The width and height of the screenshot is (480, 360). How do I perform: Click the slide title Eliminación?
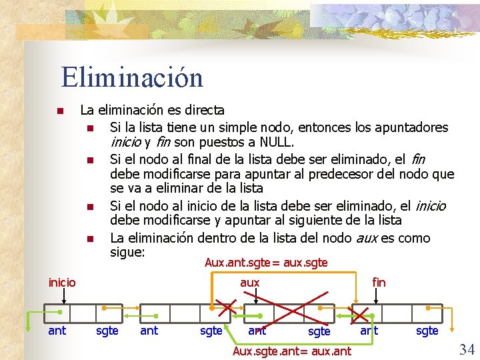[132, 77]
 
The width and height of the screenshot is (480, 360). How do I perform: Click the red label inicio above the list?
[62, 282]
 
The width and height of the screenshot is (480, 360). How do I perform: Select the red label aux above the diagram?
[249, 282]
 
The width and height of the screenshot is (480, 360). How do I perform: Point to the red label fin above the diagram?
[379, 282]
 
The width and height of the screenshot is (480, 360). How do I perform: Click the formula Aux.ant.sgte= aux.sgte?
[266, 263]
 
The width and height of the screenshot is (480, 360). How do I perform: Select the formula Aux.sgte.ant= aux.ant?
[291, 351]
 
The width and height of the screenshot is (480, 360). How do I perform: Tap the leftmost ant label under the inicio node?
[57, 330]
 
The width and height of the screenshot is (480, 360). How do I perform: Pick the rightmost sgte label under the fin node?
[427, 330]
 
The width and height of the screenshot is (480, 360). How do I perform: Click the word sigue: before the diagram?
[128, 253]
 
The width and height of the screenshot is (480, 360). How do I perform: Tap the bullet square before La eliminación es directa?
[59, 111]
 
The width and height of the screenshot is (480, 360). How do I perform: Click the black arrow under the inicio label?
[62, 296]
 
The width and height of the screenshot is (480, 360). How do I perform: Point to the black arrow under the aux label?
[249, 296]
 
